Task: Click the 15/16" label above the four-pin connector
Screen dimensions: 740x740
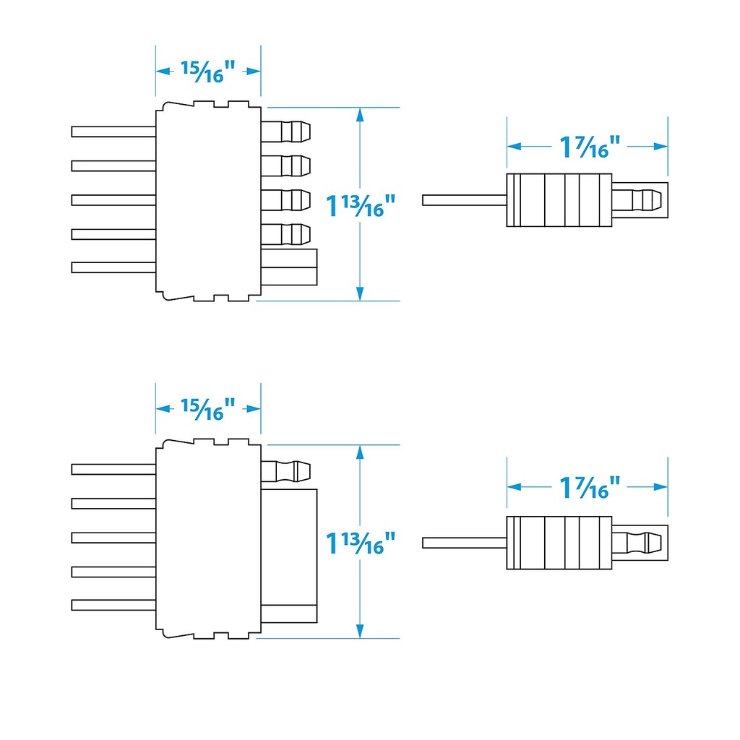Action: tap(208, 72)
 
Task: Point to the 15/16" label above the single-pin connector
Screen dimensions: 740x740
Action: tap(208, 409)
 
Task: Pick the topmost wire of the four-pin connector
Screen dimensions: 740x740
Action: tap(113, 132)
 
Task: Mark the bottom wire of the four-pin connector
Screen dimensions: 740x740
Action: tap(113, 267)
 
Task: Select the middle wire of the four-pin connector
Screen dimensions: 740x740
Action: tap(113, 199)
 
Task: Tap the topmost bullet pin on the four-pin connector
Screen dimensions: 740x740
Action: tap(285, 132)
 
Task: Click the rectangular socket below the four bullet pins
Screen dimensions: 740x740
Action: tap(289, 267)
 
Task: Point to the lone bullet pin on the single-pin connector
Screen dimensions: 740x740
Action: tap(285, 470)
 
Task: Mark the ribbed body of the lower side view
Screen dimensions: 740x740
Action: tap(559, 543)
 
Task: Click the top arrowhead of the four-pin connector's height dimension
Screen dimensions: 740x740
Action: tap(360, 113)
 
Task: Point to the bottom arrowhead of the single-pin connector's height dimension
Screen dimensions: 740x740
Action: tap(360, 632)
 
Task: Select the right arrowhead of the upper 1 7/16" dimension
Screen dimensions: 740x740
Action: tap(661, 146)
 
